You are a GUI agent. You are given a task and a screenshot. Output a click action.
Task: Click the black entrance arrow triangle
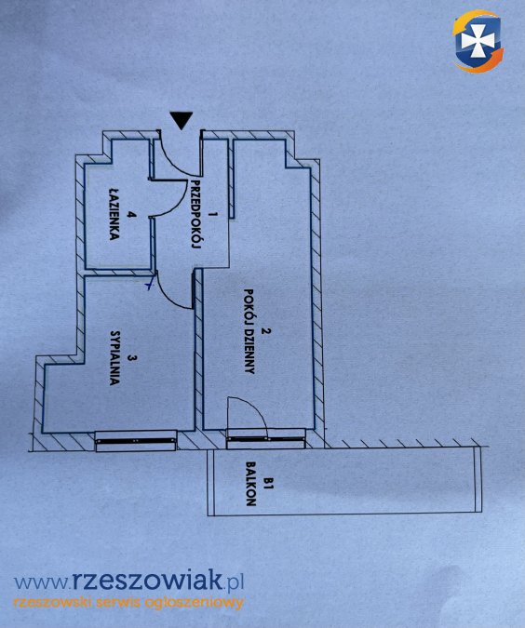[x=182, y=120]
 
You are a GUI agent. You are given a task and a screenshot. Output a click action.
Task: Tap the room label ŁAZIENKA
[x=114, y=214]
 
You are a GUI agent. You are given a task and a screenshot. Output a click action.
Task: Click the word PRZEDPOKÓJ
[x=195, y=214]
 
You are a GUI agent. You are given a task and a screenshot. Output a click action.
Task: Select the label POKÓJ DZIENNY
[x=249, y=331]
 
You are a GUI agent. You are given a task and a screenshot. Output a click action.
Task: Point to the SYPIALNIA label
[x=114, y=357]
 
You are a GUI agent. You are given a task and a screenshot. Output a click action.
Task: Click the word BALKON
[x=251, y=484]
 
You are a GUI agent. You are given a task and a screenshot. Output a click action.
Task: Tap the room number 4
[x=129, y=215]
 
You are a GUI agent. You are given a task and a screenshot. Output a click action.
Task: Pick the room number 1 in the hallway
[x=212, y=214]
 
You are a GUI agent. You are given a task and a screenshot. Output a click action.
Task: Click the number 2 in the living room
[x=264, y=331]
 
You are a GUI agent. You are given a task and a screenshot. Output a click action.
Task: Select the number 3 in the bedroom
[x=129, y=357]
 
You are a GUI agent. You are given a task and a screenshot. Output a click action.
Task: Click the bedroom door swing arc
[x=168, y=297]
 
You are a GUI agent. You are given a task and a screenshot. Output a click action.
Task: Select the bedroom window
[x=136, y=441]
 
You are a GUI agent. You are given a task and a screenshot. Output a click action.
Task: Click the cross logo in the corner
[x=478, y=42]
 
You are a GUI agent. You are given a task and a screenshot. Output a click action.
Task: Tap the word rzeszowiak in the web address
[x=147, y=581]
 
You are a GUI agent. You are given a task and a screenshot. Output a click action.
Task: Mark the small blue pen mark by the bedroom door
[x=150, y=283]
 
